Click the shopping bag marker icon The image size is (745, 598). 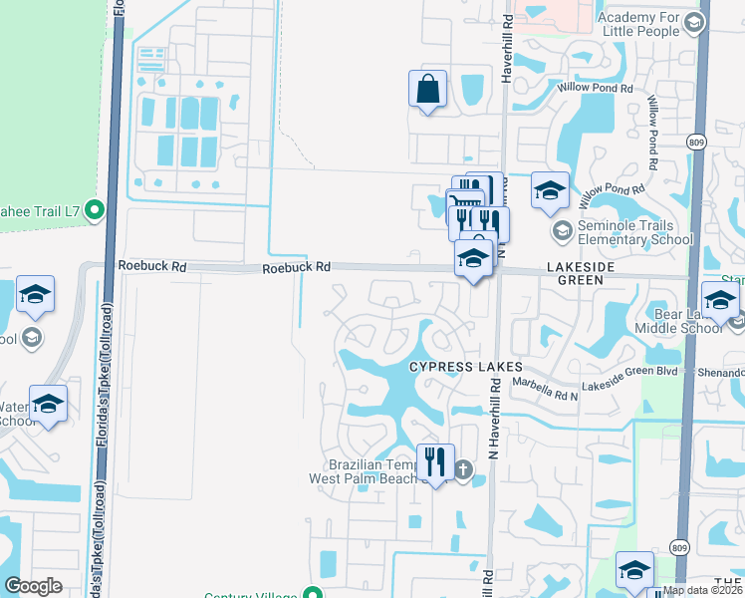click(427, 90)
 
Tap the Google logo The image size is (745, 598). click(33, 586)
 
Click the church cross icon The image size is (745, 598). click(462, 469)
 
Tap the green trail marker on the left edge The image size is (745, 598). click(95, 209)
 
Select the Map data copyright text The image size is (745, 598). click(703, 590)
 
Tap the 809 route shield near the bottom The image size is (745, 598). click(679, 547)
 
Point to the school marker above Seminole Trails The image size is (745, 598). click(549, 190)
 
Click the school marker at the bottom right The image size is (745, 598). click(634, 570)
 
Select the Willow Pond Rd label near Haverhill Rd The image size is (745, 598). click(596, 89)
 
